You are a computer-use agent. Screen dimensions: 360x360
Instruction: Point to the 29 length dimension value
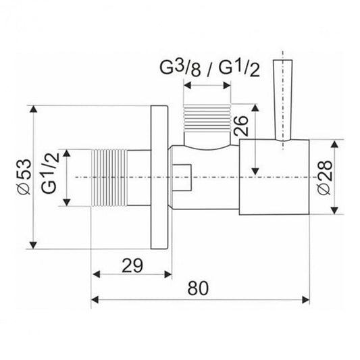[x=132, y=265]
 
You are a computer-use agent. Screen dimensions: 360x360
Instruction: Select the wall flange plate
[x=159, y=178]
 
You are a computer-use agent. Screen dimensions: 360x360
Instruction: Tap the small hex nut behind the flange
[x=183, y=178]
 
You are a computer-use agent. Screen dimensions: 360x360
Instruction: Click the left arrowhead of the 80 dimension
[x=95, y=298]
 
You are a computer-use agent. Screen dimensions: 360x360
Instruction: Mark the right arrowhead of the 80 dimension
[x=307, y=298]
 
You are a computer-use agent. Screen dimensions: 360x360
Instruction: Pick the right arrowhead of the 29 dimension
[x=168, y=274]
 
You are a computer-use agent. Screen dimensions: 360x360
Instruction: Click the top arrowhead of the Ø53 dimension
[x=32, y=109]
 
